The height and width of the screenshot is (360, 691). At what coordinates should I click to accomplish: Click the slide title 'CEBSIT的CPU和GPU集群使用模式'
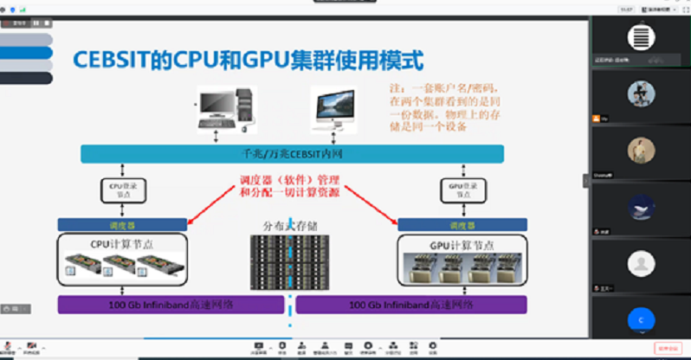248,61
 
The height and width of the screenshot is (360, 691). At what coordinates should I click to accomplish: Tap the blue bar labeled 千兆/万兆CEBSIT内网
293,154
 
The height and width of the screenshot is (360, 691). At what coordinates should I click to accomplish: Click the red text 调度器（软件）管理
289,180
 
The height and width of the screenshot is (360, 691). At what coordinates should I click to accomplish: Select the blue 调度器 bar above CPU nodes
121,224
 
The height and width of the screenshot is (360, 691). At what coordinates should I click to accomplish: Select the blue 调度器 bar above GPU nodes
462,224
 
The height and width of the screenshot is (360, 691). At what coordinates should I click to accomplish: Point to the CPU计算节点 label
121,244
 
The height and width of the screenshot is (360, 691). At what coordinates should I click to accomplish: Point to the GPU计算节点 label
461,244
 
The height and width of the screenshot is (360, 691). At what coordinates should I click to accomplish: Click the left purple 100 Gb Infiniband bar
171,305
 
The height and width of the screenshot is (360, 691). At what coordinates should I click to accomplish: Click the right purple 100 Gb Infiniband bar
412,305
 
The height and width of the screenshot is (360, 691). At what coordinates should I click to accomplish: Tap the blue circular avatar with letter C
641,318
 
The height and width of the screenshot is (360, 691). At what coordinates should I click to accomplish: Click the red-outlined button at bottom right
668,348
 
